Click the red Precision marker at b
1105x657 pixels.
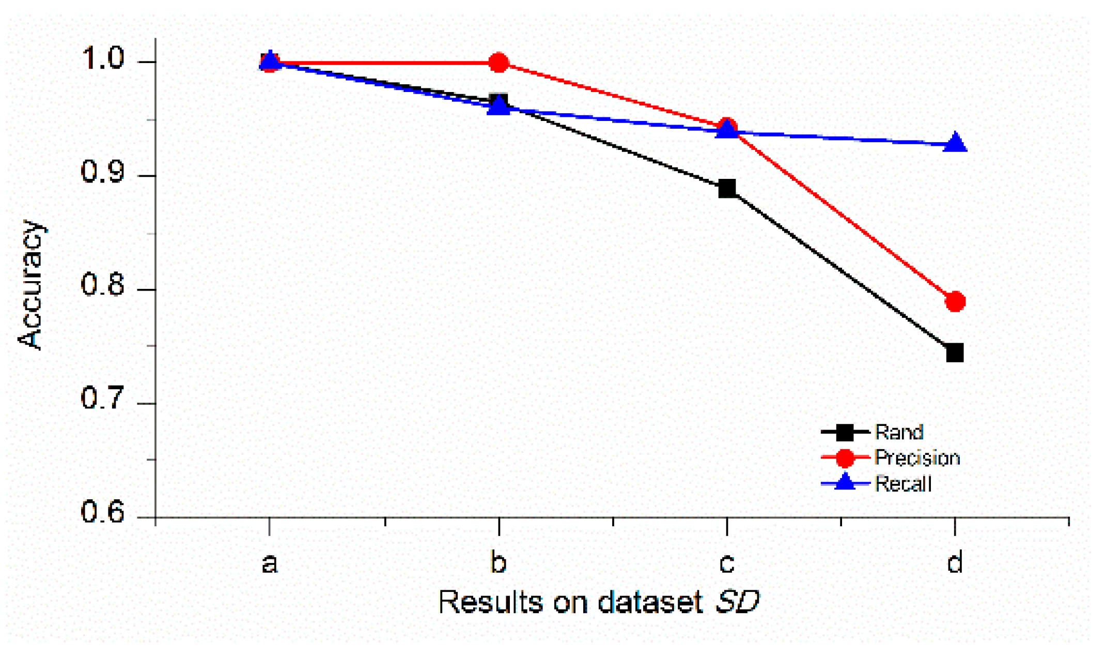point(498,63)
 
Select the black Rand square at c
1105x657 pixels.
point(727,188)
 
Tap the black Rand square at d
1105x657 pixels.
point(954,353)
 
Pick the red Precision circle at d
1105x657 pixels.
point(955,301)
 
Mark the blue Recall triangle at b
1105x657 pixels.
point(499,106)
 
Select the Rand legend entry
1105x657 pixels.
point(899,432)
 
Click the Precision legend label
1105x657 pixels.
point(917,457)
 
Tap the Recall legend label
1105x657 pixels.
point(903,484)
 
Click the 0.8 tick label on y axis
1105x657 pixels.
point(103,285)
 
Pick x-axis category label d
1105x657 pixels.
point(954,562)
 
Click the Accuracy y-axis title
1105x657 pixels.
point(30,284)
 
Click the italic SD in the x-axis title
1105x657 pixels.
point(737,602)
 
